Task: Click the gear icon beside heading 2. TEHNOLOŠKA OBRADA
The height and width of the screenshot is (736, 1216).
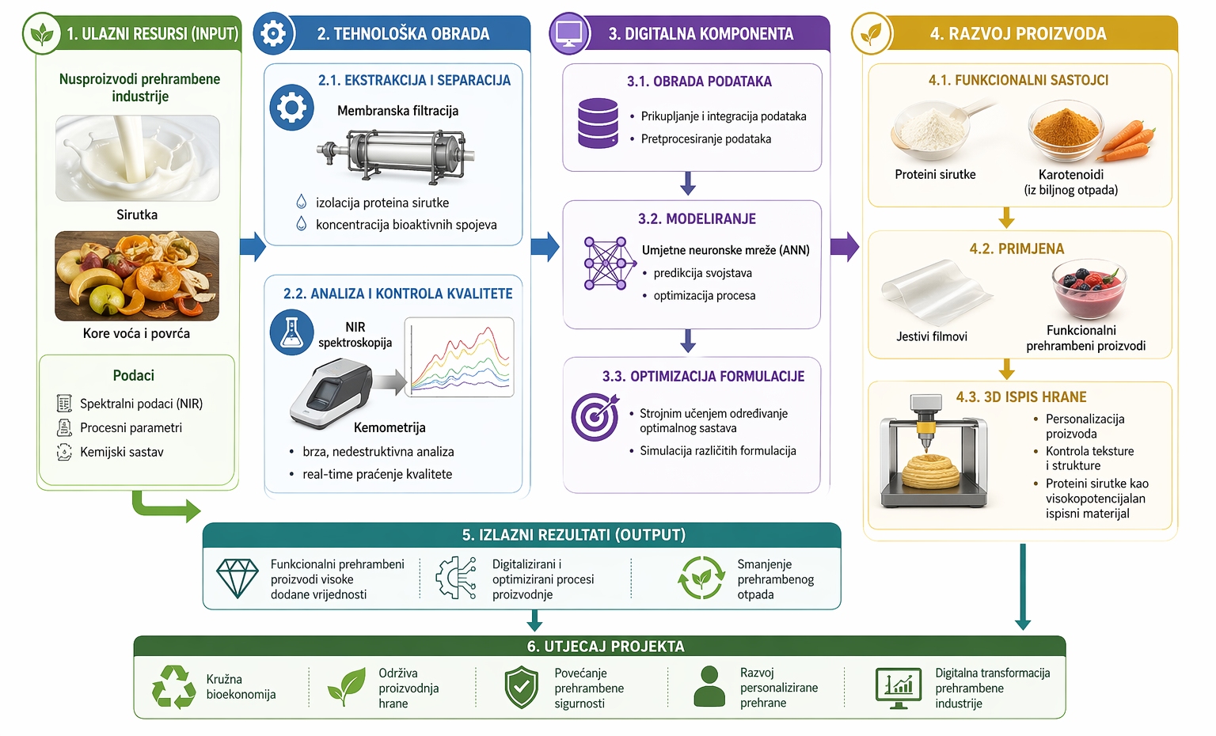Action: coord(273,34)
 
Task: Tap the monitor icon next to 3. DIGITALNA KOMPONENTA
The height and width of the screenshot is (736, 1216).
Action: coord(569,34)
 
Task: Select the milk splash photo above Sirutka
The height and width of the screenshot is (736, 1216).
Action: coord(137,158)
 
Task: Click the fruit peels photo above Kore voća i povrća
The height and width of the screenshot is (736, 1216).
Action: coord(137,275)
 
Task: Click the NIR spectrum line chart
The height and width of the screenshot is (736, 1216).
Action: coord(459,357)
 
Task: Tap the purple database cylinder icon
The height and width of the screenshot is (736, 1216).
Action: coord(598,123)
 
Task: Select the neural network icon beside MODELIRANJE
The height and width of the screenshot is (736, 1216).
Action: coord(608,263)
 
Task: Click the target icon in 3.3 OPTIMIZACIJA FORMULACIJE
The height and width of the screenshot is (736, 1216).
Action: coord(595,416)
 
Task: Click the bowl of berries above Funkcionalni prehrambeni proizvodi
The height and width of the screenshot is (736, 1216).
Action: coord(1089,290)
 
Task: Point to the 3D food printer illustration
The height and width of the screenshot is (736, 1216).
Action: coord(934,450)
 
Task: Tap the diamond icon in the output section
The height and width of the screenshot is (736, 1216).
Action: coord(237,579)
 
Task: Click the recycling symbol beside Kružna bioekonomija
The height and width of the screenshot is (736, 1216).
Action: coord(174,687)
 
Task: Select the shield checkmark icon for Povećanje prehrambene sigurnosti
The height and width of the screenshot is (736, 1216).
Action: coord(521,687)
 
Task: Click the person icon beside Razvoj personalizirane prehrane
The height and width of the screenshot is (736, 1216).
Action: coord(709,686)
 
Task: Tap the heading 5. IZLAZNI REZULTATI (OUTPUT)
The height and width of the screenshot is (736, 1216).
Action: coord(573,535)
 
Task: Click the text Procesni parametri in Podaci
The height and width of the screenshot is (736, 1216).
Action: coord(131,428)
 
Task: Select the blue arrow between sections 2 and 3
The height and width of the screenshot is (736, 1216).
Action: coord(545,247)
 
